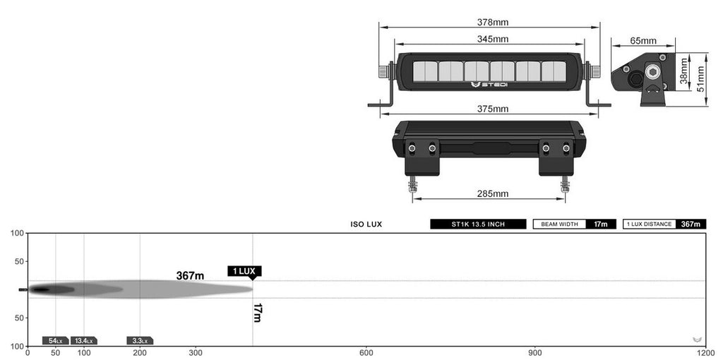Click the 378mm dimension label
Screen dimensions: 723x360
[493, 22]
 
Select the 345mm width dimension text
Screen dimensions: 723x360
[493, 40]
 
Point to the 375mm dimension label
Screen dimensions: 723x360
[493, 109]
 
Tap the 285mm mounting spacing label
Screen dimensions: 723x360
[493, 193]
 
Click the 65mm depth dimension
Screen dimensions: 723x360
[643, 40]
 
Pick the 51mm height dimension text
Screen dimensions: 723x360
[701, 79]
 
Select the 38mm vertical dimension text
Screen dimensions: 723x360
[683, 73]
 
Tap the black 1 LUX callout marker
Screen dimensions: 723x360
[244, 272]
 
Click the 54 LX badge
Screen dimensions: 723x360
[55, 341]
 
